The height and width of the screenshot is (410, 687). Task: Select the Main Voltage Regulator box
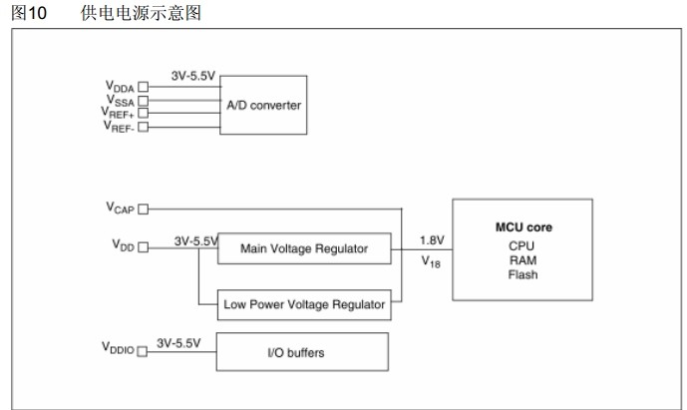302,248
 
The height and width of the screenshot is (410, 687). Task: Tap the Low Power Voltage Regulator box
303,304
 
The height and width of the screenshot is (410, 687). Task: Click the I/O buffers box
303,352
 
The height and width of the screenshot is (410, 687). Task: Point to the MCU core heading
523,227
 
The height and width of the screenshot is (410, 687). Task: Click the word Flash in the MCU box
522,274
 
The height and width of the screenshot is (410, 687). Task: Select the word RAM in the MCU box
522,258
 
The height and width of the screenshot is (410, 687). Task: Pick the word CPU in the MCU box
522,243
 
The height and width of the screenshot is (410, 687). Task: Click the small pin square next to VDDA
144,88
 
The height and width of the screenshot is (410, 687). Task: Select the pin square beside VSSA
144,101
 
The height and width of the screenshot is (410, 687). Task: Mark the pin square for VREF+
144,114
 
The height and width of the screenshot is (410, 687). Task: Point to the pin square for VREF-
144,127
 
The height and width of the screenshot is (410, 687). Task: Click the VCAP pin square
143,209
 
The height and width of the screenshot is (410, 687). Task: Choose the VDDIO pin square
143,351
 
